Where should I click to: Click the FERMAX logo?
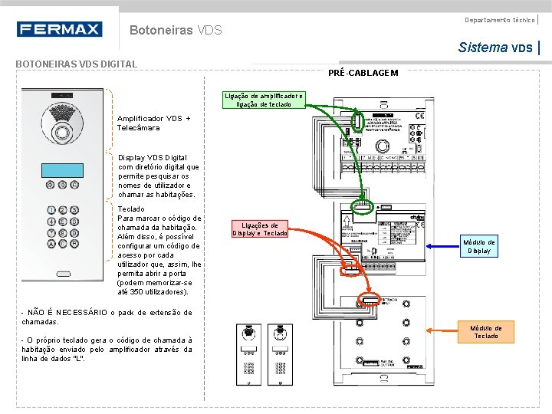(59, 29)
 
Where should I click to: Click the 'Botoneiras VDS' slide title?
(176, 31)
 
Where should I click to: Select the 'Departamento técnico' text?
(499, 19)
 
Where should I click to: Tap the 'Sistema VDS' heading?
(495, 48)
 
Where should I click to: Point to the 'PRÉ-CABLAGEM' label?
(363, 72)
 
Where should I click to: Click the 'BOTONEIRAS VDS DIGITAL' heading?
(77, 64)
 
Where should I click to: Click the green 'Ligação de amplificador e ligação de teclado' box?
(264, 100)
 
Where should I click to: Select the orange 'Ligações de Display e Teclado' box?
(260, 229)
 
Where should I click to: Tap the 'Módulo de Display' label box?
(479, 246)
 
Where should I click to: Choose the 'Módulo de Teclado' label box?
(487, 332)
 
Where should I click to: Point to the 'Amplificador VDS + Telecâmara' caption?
(153, 123)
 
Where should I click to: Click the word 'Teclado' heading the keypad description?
(132, 209)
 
